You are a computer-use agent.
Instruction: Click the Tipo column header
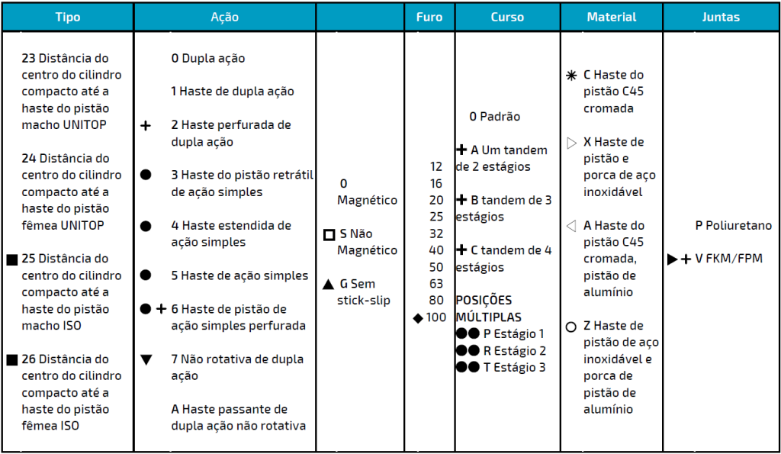[x=67, y=17]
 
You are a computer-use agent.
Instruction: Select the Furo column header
[x=429, y=17]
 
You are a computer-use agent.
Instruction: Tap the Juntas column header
[x=721, y=17]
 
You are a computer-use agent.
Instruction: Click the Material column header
[x=612, y=17]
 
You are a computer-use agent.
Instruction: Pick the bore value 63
[x=435, y=284]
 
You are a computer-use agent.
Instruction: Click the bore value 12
[x=435, y=166]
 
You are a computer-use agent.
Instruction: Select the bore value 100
[x=436, y=317]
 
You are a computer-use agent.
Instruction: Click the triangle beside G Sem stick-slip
[x=328, y=285]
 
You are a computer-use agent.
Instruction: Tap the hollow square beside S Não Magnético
[x=329, y=234]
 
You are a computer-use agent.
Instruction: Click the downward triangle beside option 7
[x=146, y=359]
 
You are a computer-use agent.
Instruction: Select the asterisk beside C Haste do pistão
[x=571, y=76]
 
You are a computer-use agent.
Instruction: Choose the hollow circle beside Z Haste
[x=571, y=327]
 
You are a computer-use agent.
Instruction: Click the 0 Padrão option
[x=495, y=117]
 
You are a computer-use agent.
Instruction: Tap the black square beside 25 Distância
[x=11, y=259]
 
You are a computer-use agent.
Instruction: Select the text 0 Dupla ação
[x=208, y=58]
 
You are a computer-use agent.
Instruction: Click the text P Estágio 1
[x=513, y=333]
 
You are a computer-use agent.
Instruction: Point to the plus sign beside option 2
[x=146, y=125]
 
